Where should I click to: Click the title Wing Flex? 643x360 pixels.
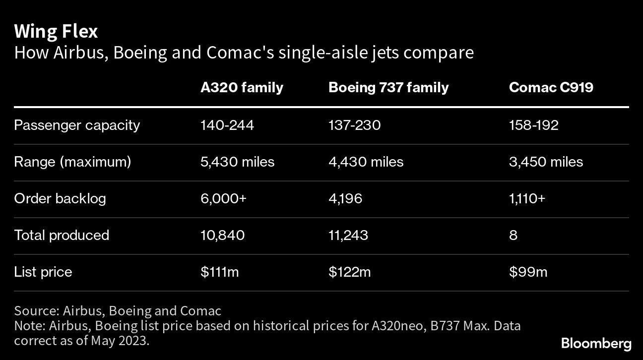tap(56, 31)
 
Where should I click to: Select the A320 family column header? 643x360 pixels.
tap(242, 88)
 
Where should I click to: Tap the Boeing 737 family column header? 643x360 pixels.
tap(388, 88)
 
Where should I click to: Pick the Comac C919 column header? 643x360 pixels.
tap(551, 88)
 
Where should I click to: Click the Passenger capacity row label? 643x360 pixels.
tap(77, 125)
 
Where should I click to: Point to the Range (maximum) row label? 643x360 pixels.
tap(72, 162)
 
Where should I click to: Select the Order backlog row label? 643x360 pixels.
tap(60, 198)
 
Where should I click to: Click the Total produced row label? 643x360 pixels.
tap(62, 235)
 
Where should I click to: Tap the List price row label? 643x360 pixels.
tap(43, 272)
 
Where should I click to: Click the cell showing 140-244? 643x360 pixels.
tap(227, 125)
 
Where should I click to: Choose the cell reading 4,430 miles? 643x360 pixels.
tap(366, 162)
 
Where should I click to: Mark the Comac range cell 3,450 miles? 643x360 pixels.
tap(546, 162)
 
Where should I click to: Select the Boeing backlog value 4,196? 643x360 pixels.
tap(345, 198)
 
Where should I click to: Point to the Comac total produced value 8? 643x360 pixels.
tap(513, 235)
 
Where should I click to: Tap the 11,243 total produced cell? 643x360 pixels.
tap(348, 235)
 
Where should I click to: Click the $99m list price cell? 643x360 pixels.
tap(528, 272)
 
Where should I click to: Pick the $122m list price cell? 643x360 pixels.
tap(349, 272)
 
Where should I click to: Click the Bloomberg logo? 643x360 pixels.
tap(596, 343)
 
